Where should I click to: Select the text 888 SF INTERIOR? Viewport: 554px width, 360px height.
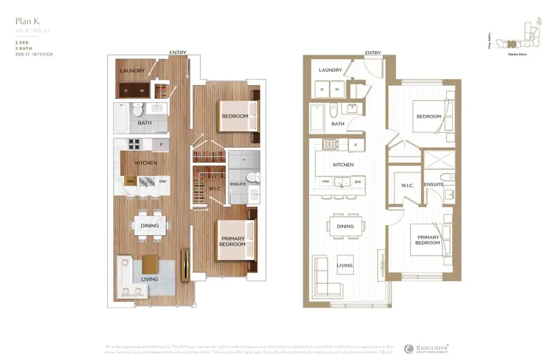pyautogui.click(x=33, y=53)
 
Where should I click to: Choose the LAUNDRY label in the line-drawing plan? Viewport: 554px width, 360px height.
pyautogui.click(x=331, y=70)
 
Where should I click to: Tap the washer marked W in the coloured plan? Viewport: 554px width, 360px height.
pyautogui.click(x=143, y=90)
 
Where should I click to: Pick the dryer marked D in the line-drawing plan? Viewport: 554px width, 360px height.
pyautogui.click(x=321, y=89)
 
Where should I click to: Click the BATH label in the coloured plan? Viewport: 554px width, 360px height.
pyautogui.click(x=145, y=123)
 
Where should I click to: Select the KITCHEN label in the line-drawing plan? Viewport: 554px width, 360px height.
pyautogui.click(x=343, y=165)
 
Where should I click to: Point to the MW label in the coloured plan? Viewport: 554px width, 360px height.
pyautogui.click(x=129, y=181)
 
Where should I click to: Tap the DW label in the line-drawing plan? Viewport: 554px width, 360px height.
pyautogui.click(x=358, y=181)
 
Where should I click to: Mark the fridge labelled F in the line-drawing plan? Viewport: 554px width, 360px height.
pyautogui.click(x=355, y=145)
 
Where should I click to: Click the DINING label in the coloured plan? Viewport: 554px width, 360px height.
pyautogui.click(x=150, y=226)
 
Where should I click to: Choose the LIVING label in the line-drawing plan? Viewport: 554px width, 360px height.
pyautogui.click(x=344, y=265)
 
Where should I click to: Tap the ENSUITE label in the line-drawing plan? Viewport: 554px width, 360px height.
pyautogui.click(x=434, y=185)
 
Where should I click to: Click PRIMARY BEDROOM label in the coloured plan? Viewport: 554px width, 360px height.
pyautogui.click(x=233, y=241)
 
